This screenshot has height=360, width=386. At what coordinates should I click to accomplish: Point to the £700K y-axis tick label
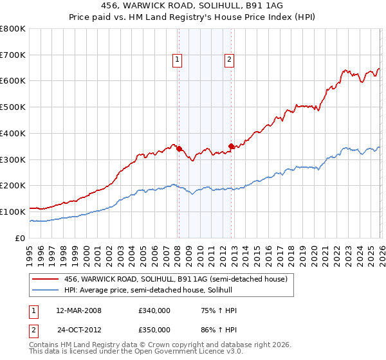pos(13,55)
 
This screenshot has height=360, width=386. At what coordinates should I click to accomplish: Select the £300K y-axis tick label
pos(13,159)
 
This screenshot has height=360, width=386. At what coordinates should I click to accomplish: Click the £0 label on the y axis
pos(21,238)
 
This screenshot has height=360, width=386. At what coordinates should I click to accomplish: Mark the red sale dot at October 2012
pos(231,146)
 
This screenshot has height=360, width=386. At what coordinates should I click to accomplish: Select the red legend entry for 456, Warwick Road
pos(179,279)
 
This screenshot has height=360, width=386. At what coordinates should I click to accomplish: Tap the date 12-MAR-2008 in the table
pos(78,310)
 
